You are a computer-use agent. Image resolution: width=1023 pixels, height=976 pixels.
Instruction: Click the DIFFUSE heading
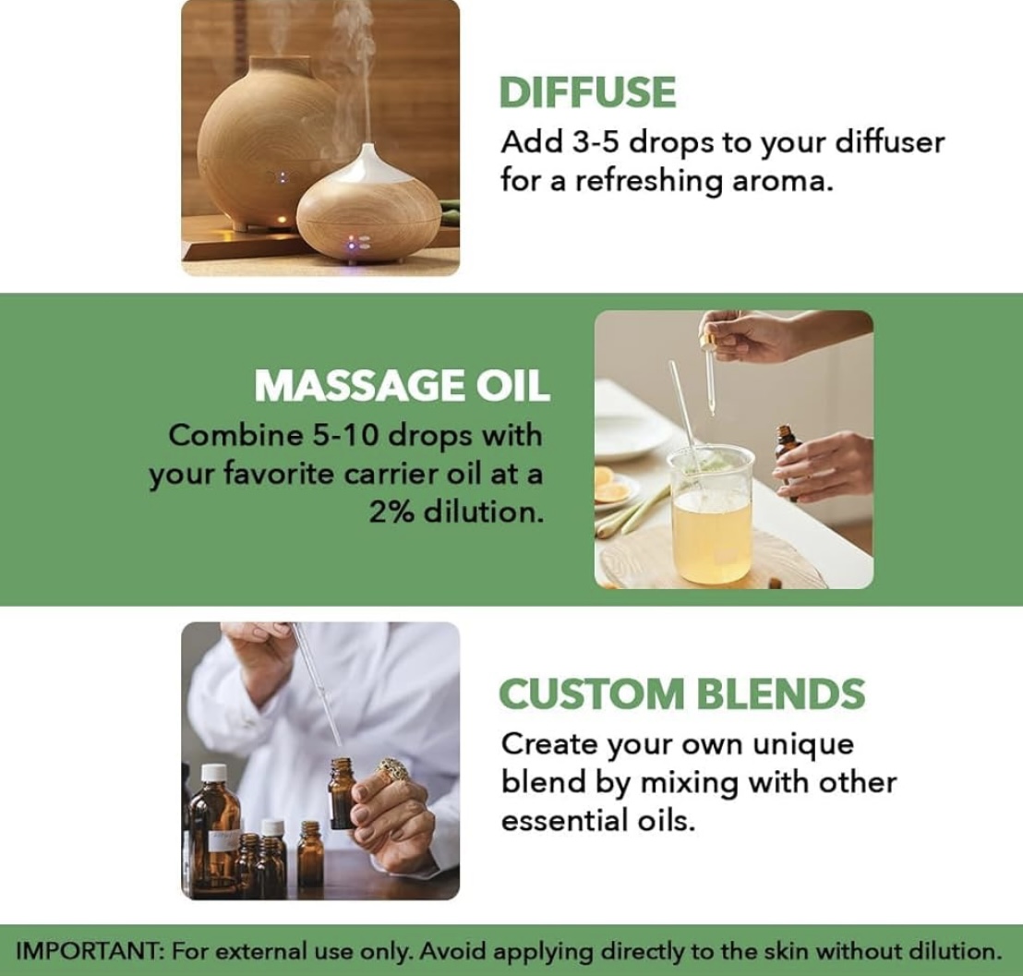point(587,92)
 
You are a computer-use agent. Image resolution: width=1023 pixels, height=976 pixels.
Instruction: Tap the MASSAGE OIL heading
point(402,386)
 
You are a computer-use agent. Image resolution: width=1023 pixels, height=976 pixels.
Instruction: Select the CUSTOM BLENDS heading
point(681,693)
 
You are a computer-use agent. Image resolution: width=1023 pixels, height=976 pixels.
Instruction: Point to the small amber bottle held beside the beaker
point(788,460)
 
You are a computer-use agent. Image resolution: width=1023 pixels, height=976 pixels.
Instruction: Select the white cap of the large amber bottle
point(213,774)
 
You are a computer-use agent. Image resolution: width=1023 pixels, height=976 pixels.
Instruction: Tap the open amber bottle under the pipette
point(343,792)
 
